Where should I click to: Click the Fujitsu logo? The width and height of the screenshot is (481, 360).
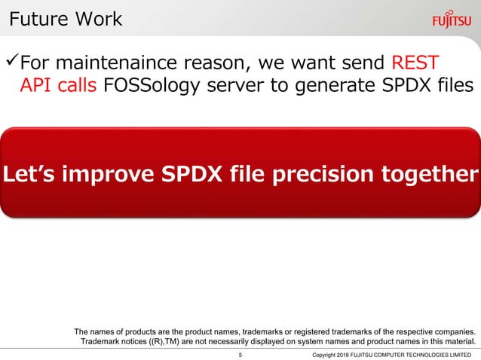pyautogui.click(x=453, y=20)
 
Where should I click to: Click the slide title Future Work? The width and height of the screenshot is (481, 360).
pyautogui.click(x=65, y=19)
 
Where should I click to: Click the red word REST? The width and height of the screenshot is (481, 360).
pyautogui.click(x=415, y=60)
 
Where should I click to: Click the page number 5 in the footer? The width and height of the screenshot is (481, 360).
pyautogui.click(x=240, y=354)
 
